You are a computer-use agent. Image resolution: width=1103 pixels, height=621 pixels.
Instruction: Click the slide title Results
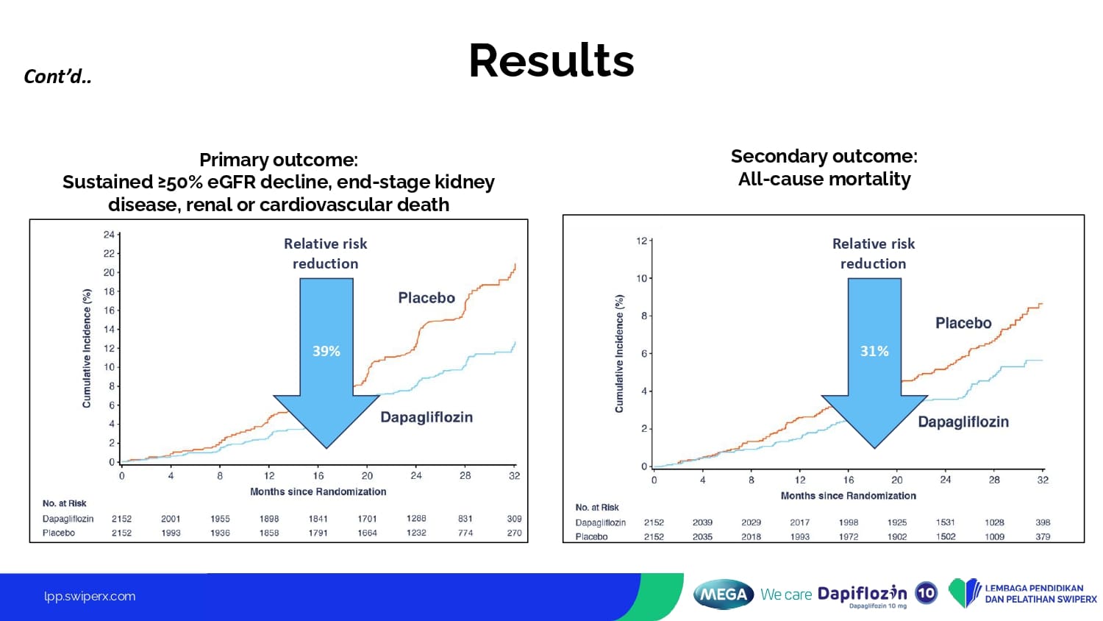(x=551, y=60)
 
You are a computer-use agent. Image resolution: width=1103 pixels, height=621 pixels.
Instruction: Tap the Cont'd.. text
(x=57, y=77)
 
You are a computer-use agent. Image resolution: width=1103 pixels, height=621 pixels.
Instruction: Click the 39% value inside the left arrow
(x=326, y=351)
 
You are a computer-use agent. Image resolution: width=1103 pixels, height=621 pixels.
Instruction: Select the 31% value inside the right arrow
(x=874, y=351)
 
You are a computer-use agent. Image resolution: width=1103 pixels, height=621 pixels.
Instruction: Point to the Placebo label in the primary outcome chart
(x=426, y=298)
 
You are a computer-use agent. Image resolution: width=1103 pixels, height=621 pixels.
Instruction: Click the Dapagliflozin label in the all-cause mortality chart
(x=963, y=422)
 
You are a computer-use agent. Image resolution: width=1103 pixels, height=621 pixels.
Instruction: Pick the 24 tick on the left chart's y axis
(x=109, y=235)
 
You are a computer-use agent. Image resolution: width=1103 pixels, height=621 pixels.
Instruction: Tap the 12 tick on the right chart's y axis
(x=642, y=241)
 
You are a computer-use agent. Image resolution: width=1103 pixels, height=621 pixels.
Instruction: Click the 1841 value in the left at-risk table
(x=318, y=519)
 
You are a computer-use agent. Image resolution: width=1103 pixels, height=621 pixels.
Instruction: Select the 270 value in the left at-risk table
(x=514, y=533)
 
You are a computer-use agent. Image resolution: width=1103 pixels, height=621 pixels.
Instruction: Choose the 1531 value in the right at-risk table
(x=945, y=522)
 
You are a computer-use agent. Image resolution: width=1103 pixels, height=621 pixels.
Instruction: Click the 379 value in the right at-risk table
(x=1043, y=536)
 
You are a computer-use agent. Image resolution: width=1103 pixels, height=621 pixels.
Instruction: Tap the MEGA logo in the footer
(x=723, y=595)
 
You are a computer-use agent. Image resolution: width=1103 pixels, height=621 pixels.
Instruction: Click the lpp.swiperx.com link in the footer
(x=90, y=597)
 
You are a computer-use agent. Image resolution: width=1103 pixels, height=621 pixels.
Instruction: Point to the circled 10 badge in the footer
(x=927, y=593)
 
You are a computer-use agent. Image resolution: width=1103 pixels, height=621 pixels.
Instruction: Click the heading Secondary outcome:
(x=824, y=156)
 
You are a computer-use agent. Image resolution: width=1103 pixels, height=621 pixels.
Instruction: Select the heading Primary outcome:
(x=278, y=160)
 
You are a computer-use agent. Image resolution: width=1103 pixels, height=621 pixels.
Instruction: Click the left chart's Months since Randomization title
(x=318, y=492)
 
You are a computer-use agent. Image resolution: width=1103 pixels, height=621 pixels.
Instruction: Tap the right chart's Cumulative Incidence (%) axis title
(x=619, y=353)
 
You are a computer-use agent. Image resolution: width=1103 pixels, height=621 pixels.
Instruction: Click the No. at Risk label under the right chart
(x=597, y=507)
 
